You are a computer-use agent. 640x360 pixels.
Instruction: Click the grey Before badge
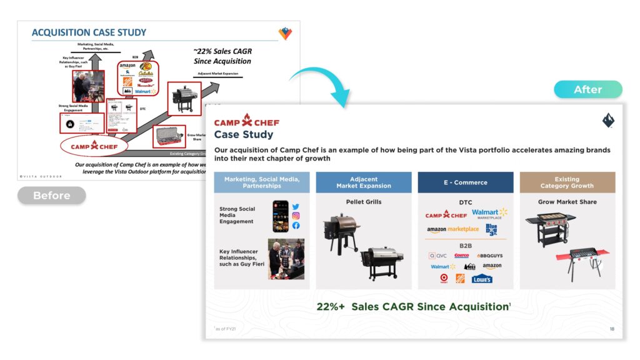51,196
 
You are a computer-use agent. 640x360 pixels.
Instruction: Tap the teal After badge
587,89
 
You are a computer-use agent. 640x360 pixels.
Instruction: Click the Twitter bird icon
296,207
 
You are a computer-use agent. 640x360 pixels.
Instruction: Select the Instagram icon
296,216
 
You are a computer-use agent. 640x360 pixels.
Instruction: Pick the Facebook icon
296,226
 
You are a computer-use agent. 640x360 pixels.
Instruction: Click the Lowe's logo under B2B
482,279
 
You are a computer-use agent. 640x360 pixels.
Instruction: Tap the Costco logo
461,256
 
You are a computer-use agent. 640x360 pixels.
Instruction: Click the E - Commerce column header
466,182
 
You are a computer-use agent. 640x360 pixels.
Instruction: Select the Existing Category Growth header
567,182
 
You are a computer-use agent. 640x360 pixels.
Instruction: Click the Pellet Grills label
363,202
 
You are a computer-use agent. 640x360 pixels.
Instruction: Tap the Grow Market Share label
567,202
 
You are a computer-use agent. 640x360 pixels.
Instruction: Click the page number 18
611,329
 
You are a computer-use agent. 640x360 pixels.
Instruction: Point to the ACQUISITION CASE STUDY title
89,32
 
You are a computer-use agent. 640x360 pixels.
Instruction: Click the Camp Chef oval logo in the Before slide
94,147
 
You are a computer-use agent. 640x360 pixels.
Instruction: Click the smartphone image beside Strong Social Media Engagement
281,216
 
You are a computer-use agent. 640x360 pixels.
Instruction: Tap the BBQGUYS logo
489,256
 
